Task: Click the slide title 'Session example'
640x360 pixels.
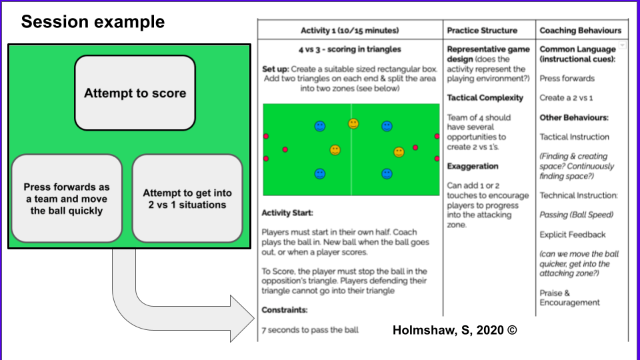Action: coord(93,22)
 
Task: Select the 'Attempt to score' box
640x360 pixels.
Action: coord(135,93)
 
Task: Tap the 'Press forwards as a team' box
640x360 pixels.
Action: coord(67,199)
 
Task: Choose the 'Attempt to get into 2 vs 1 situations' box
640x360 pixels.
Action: coord(187,199)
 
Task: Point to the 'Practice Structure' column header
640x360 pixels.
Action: coord(482,30)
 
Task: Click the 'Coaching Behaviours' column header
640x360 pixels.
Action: coord(580,30)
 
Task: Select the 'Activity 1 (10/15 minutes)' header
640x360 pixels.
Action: coord(350,30)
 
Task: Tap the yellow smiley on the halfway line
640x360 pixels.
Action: coord(353,123)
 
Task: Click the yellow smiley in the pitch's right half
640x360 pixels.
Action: coord(399,152)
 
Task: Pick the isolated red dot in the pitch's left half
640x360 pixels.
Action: coord(285,149)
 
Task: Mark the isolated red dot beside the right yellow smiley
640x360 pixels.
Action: coord(415,147)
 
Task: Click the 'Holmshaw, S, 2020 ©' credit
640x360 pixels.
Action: coord(455,329)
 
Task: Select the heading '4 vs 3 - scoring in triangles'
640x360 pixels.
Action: coord(349,49)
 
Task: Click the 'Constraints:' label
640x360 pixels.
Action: coord(285,310)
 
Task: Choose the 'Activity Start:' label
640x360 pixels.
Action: coord(287,213)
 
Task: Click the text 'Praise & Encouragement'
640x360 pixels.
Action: coord(569,297)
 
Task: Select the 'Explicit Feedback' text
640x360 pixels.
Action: coord(573,235)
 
